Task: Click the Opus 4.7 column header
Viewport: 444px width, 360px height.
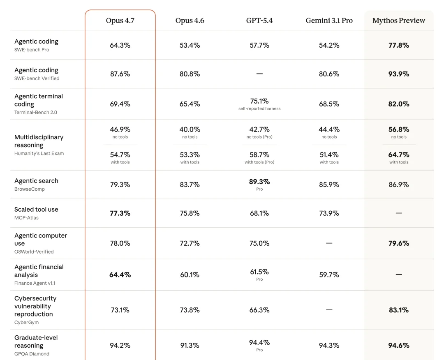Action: point(120,21)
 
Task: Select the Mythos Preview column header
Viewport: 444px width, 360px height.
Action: point(399,21)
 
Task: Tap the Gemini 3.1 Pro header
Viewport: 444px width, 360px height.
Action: point(329,21)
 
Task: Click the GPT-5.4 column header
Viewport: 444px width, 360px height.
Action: point(259,21)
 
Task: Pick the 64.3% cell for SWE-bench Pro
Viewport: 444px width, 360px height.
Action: point(120,45)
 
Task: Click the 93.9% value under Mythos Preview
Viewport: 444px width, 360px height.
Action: point(399,74)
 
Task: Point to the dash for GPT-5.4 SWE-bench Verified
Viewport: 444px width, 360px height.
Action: point(259,74)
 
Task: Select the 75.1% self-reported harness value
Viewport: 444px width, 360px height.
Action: point(259,101)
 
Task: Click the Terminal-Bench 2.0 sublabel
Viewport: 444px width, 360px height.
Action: point(36,112)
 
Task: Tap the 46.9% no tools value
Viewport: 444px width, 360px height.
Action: point(120,130)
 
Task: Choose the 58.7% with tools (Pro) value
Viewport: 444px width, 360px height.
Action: point(259,155)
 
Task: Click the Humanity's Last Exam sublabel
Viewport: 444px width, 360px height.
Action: point(39,153)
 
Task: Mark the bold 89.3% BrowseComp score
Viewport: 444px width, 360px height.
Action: point(259,182)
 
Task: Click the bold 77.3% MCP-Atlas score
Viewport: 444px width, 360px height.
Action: point(120,213)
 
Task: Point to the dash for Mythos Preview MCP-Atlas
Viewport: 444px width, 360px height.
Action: point(399,213)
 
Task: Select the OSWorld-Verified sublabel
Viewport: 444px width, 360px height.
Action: point(34,252)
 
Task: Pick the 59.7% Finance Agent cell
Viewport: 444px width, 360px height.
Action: point(329,275)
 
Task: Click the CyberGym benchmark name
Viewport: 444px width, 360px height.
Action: point(27,323)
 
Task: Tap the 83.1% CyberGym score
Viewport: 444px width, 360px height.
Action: point(399,310)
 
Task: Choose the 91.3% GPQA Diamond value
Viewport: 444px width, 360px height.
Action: point(190,346)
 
